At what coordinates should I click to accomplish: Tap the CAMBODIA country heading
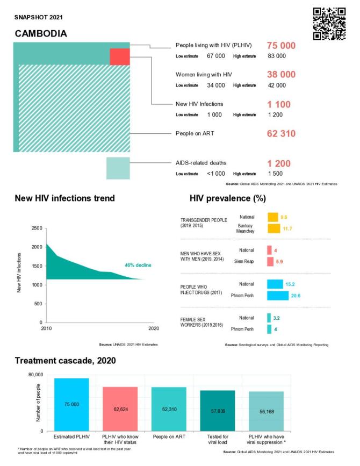click(41, 33)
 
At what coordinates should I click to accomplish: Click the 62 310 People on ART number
click(281, 133)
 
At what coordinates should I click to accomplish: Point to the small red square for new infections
click(119, 56)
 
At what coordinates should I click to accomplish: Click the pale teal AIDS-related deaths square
click(118, 168)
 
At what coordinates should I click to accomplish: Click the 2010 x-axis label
click(47, 328)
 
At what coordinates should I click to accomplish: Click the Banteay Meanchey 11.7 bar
click(274, 228)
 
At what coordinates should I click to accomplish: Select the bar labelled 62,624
click(120, 408)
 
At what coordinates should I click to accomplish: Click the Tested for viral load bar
click(217, 410)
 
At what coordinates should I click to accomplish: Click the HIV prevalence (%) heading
click(228, 198)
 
